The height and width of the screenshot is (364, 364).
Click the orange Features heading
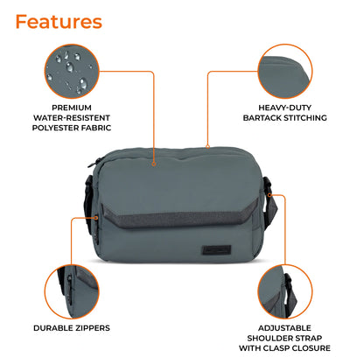pos(59,21)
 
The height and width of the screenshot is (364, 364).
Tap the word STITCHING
pos(308,117)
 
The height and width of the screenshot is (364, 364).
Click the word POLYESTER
pos(56,128)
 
